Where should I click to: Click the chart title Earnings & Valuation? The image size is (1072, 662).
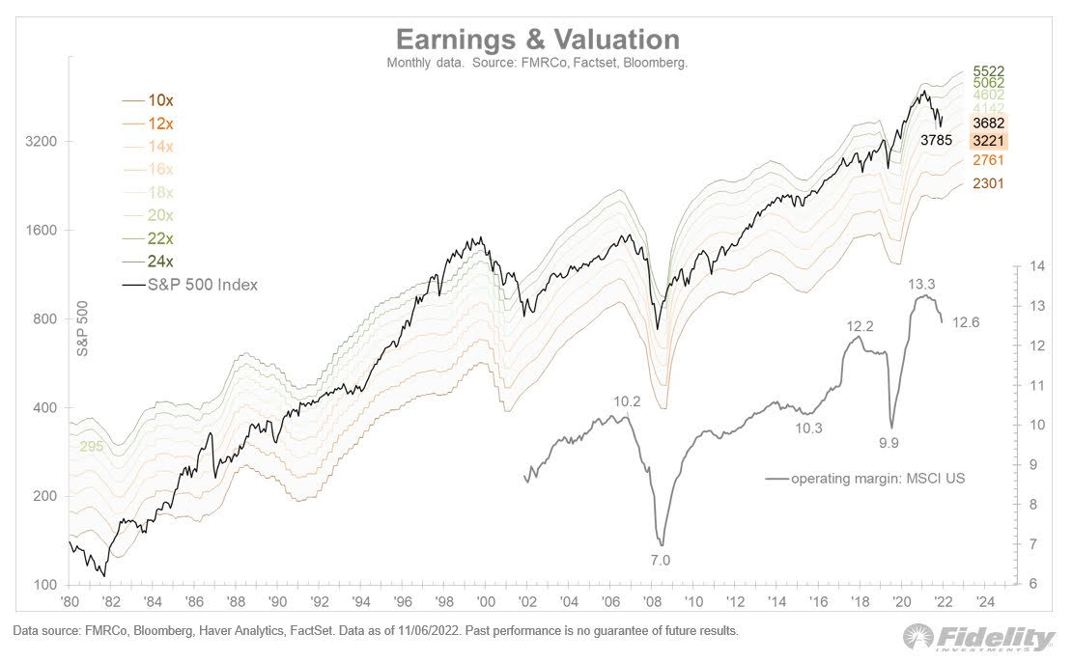pyautogui.click(x=538, y=40)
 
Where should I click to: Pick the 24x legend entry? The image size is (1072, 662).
pyautogui.click(x=160, y=262)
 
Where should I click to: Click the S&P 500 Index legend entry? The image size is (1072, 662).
pyautogui.click(x=202, y=285)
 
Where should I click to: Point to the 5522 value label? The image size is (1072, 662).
pyautogui.click(x=988, y=72)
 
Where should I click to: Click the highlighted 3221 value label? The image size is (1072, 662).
pyautogui.click(x=988, y=141)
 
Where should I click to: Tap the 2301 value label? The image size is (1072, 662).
pyautogui.click(x=988, y=182)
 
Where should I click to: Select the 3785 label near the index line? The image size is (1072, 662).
pyautogui.click(x=936, y=140)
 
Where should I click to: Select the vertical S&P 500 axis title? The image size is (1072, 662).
pyautogui.click(x=83, y=329)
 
